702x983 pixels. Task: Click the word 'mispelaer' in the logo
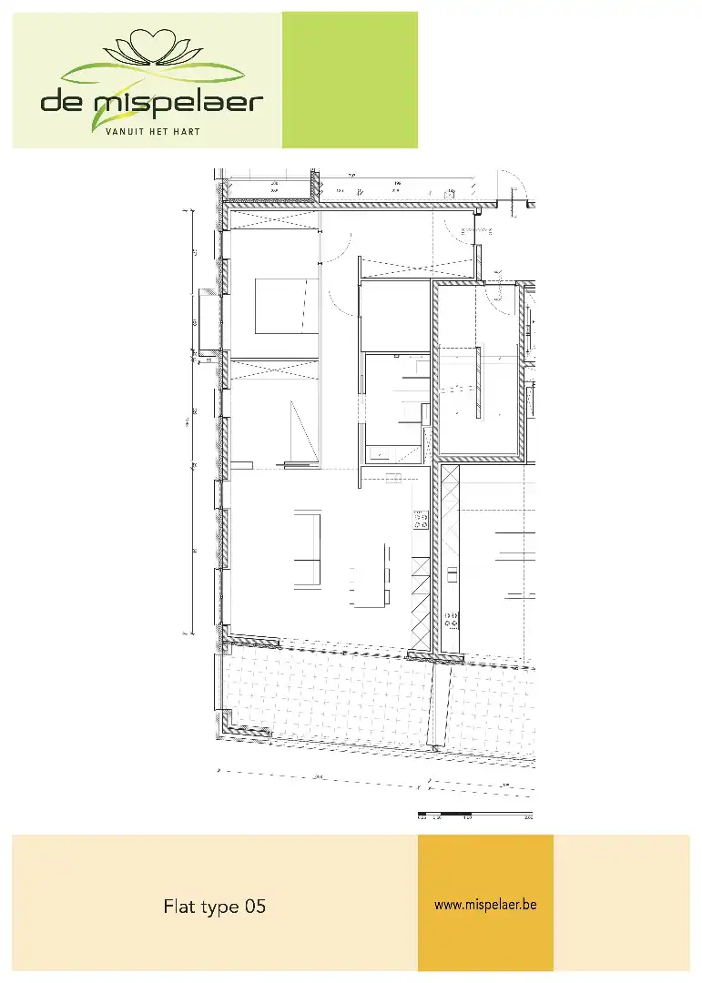(x=178, y=100)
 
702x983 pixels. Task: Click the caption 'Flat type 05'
(x=215, y=907)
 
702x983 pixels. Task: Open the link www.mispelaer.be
(x=485, y=905)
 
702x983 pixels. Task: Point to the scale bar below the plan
(x=473, y=812)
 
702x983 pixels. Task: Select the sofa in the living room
(x=307, y=549)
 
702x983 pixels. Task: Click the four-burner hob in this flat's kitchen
(x=421, y=520)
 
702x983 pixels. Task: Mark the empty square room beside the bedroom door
(x=395, y=316)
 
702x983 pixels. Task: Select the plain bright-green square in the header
(x=350, y=79)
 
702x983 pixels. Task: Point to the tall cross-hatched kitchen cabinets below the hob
(x=421, y=601)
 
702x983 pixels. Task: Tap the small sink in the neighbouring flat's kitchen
(x=453, y=574)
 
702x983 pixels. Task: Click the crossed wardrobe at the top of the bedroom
(x=274, y=221)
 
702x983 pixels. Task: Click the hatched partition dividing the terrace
(x=443, y=701)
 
